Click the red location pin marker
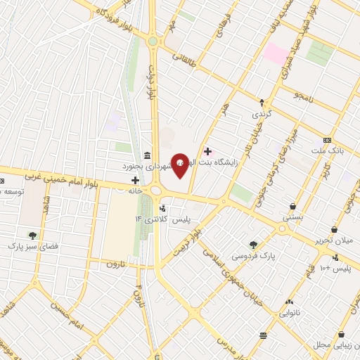[180, 165]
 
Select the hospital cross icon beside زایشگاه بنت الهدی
[207, 150]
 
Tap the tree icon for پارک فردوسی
[253, 245]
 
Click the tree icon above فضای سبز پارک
[32, 236]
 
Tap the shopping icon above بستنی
[292, 207]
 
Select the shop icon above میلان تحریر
[336, 229]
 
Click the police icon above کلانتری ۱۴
[162, 209]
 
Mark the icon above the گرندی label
[262, 102]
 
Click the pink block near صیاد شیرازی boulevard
[276, 53]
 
